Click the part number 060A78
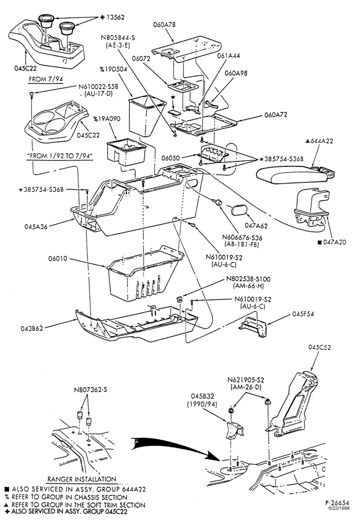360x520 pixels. (164, 24)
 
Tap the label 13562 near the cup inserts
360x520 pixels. (115, 17)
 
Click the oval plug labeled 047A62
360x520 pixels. (237, 211)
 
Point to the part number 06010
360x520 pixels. (58, 258)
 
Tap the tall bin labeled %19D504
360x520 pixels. (146, 114)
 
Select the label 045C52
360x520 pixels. (319, 347)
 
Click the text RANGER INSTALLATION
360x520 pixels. (82, 479)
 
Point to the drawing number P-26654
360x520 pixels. (337, 503)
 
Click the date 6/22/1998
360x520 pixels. (339, 508)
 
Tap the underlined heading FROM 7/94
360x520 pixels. (46, 80)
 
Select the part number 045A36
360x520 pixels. (36, 227)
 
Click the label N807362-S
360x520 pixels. (90, 389)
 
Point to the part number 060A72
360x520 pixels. (276, 115)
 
